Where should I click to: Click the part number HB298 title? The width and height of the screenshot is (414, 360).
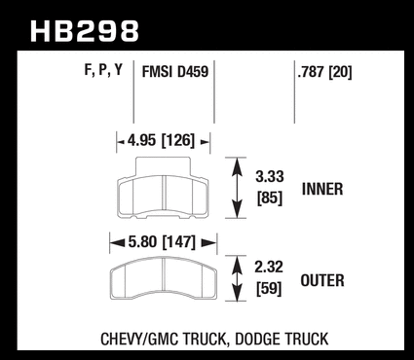(x=85, y=31)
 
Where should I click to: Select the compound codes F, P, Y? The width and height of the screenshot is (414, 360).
(x=103, y=70)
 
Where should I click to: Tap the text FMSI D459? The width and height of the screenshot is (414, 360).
(x=175, y=72)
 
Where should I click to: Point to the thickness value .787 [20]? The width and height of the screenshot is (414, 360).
(x=324, y=72)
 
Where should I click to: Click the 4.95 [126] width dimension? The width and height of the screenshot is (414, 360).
(x=161, y=141)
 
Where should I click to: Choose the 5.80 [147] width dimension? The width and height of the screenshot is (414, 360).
(x=162, y=242)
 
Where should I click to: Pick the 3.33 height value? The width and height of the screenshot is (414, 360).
(x=270, y=177)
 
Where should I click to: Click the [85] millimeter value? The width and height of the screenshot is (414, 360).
(x=270, y=198)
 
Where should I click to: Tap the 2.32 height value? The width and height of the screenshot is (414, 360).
(x=269, y=268)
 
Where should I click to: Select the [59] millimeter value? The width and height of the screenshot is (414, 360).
(x=269, y=288)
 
